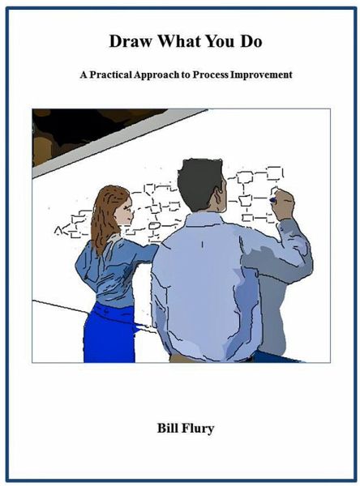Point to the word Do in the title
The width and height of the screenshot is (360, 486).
click(251, 41)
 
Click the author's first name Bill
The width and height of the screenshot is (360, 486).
click(168, 428)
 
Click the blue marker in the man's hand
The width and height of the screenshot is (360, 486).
click(272, 200)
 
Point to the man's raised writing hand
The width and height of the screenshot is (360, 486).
click(282, 205)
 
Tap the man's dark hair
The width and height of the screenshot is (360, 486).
click(201, 182)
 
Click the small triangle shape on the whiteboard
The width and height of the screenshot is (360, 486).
click(58, 230)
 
